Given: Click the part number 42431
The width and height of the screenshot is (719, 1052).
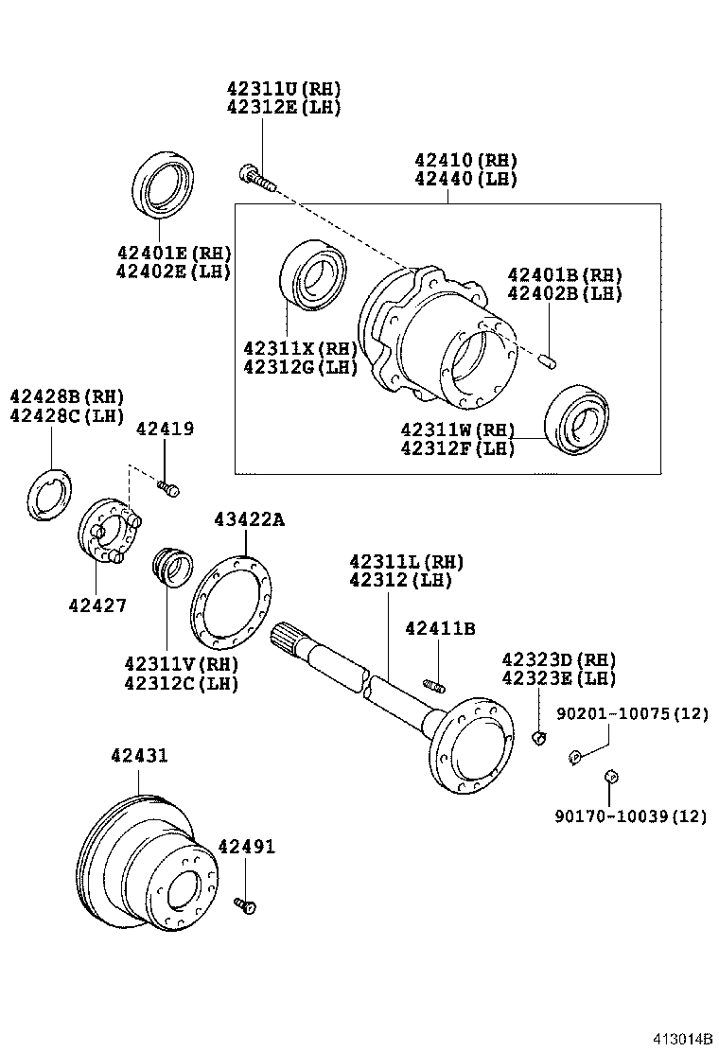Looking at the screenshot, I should [139, 757].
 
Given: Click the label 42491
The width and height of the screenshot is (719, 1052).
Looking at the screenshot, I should [247, 847].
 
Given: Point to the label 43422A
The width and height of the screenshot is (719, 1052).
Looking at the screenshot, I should [248, 519].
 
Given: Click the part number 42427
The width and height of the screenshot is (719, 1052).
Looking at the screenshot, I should [97, 605].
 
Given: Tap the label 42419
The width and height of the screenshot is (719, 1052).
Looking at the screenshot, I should [165, 429].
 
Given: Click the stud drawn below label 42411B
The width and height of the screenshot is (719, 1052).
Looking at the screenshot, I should [434, 685].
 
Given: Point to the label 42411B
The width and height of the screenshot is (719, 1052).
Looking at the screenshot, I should [440, 628].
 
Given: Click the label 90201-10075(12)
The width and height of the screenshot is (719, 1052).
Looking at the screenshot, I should [632, 714].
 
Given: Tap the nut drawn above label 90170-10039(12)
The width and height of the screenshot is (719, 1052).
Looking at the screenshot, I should [611, 778].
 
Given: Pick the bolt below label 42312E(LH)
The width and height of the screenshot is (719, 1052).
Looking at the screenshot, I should [255, 178].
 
